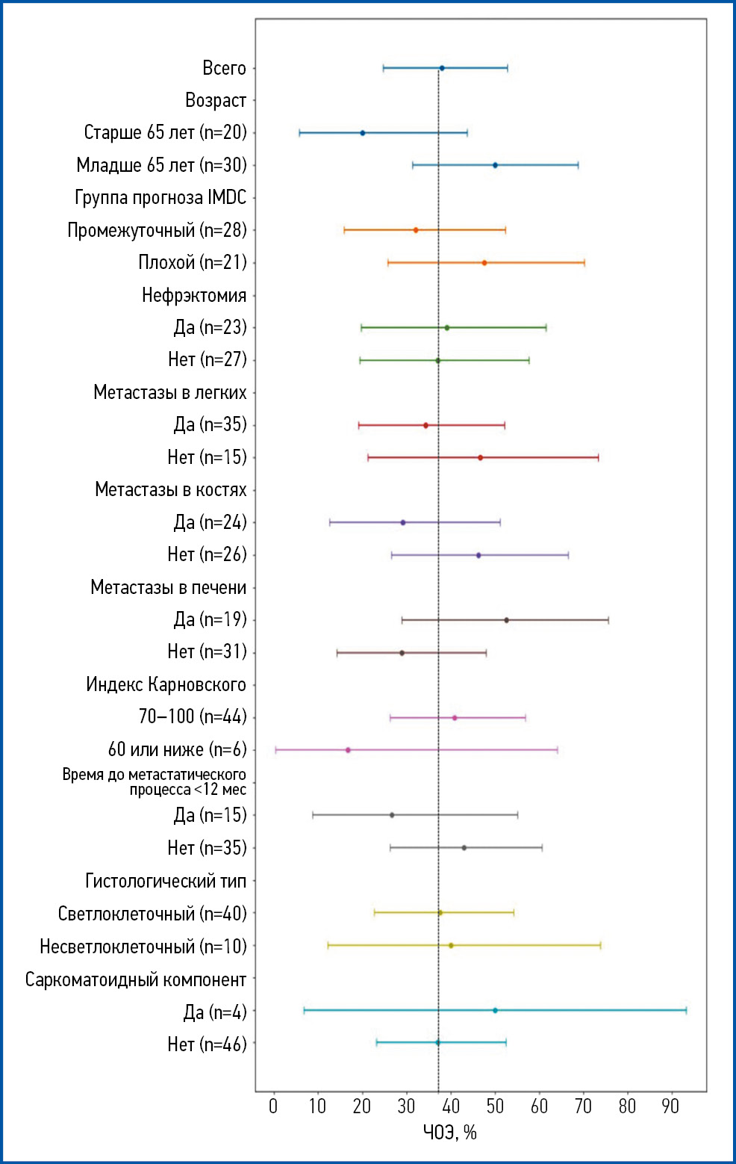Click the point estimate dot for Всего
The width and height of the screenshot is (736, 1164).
(442, 68)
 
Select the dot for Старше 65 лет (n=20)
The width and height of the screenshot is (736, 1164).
(363, 133)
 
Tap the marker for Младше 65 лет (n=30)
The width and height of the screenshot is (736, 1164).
(495, 165)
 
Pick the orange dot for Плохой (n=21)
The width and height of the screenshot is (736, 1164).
(484, 263)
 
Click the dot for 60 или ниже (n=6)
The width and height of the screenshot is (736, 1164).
(348, 750)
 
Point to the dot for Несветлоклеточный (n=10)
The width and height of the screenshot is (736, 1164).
(451, 946)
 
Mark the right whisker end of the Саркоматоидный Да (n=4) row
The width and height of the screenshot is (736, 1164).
(686, 1010)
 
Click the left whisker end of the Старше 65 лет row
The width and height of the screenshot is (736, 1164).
(299, 133)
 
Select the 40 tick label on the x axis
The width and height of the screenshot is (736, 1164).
(451, 1106)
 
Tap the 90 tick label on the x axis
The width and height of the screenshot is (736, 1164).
(671, 1106)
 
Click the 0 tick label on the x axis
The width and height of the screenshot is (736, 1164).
(273, 1106)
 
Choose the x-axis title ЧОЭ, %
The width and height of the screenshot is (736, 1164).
(450, 1133)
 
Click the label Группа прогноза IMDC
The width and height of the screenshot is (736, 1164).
(160, 198)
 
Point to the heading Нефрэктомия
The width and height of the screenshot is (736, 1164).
(194, 296)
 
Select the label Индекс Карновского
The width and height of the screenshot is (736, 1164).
(166, 684)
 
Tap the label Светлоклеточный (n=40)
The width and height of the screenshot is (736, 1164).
(152, 914)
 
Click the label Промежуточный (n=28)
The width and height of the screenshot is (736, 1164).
(157, 230)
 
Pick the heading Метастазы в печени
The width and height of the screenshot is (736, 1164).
(168, 587)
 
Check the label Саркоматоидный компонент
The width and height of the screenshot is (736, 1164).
(135, 979)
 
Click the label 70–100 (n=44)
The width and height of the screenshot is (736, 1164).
(193, 717)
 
